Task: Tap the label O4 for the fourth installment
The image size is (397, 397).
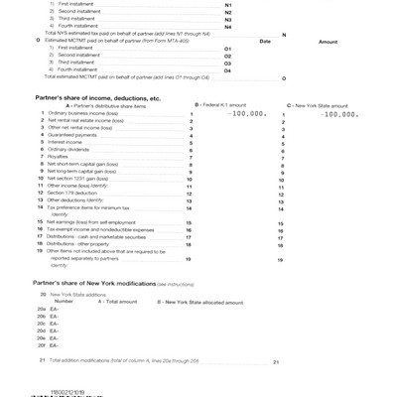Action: (x=228, y=70)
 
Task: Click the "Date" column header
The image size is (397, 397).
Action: (x=264, y=42)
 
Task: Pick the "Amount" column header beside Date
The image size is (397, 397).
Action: (x=328, y=42)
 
